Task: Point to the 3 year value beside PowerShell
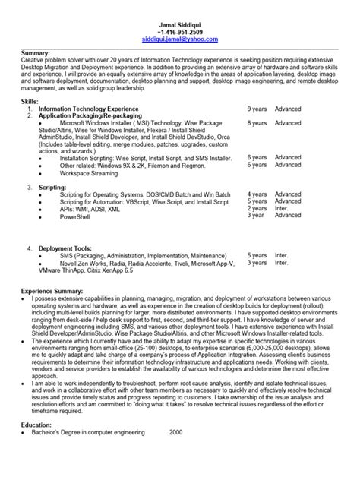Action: (x=255, y=215)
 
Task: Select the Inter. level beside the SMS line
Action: (x=282, y=255)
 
